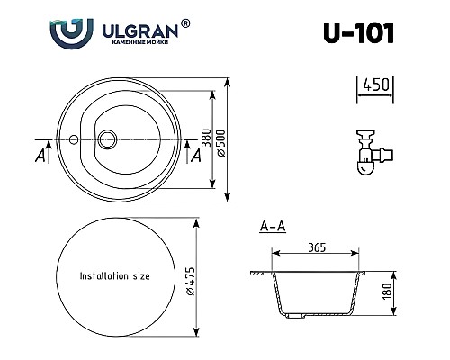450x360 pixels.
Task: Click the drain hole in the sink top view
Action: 108,139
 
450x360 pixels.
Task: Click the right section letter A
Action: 195,155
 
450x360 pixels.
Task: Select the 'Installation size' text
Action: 115,276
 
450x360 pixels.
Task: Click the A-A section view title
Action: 272,227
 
